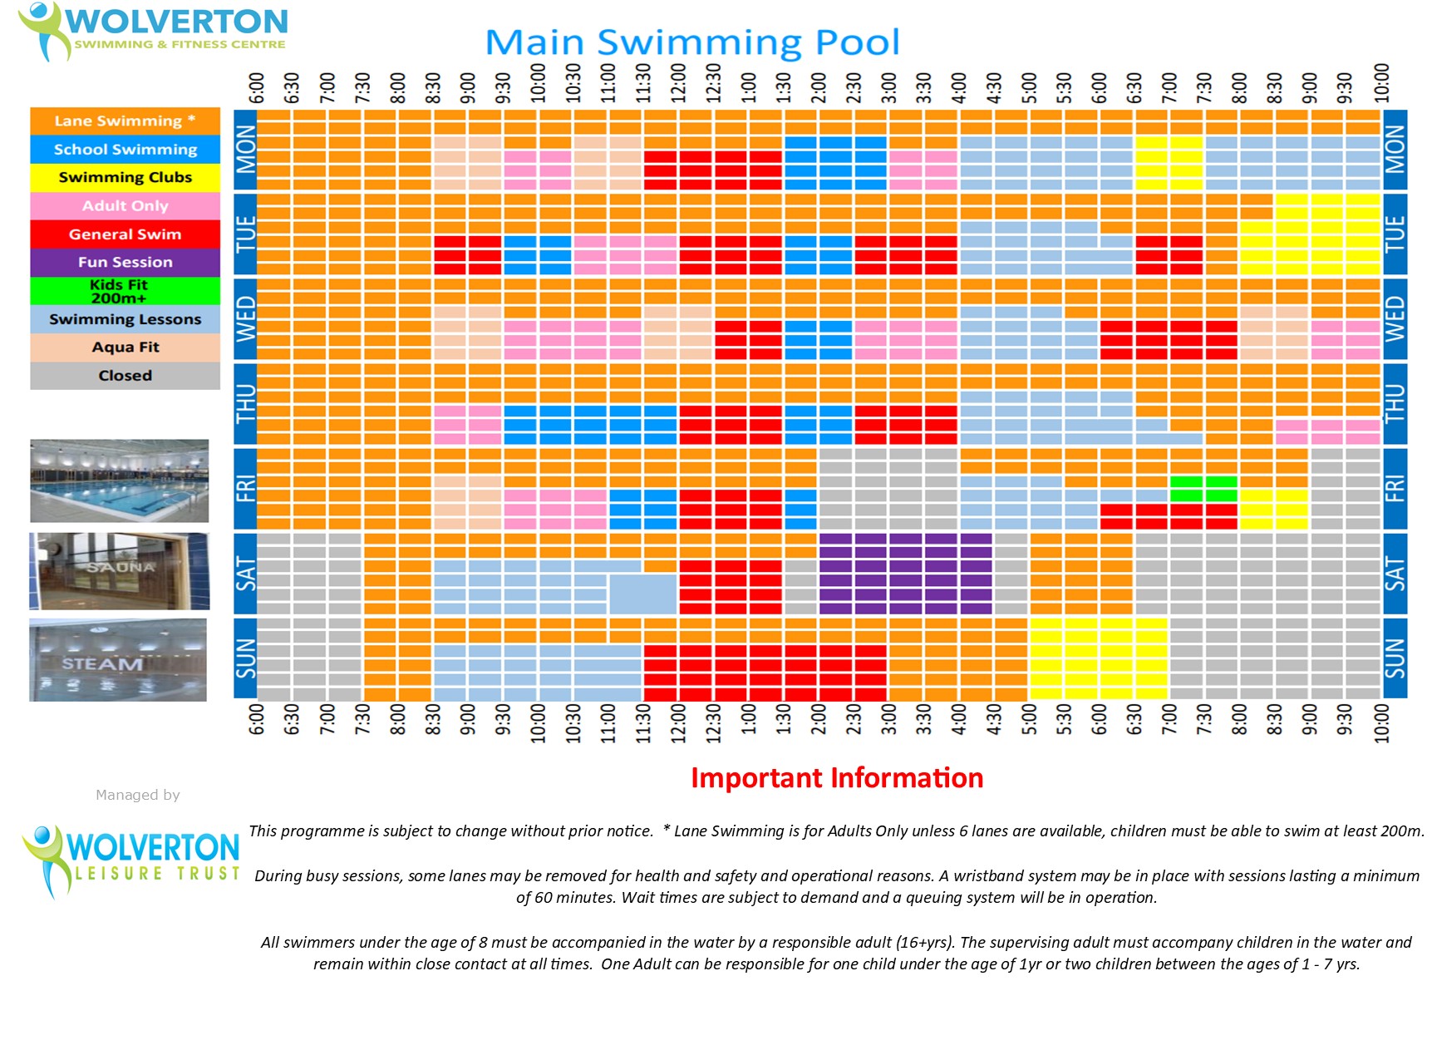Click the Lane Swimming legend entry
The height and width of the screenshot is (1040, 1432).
tap(125, 121)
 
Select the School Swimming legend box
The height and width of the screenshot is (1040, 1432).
tap(125, 150)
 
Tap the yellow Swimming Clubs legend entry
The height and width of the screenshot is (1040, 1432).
tap(125, 178)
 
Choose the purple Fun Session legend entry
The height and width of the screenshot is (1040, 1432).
tap(125, 263)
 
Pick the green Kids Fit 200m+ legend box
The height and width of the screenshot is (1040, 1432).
tap(125, 291)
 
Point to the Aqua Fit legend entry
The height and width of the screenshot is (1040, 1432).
tap(125, 347)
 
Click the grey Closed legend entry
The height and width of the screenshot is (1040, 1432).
tap(125, 376)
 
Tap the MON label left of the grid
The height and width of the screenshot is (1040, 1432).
tap(245, 150)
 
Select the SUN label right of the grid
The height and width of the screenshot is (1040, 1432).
tap(1395, 658)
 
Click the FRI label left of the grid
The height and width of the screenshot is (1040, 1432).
tap(245, 489)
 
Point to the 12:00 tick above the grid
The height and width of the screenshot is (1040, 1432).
tap(679, 83)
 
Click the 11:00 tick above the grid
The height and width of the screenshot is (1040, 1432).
tap(608, 83)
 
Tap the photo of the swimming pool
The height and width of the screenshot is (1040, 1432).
tap(120, 481)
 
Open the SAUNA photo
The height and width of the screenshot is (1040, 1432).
tap(120, 571)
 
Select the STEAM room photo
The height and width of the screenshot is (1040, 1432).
tap(118, 660)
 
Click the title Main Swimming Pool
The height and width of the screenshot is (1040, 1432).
tap(691, 42)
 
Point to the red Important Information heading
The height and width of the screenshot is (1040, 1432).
tap(837, 778)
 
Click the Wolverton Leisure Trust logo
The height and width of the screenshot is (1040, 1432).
tap(131, 860)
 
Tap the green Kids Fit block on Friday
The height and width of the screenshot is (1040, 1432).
tap(1203, 489)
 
